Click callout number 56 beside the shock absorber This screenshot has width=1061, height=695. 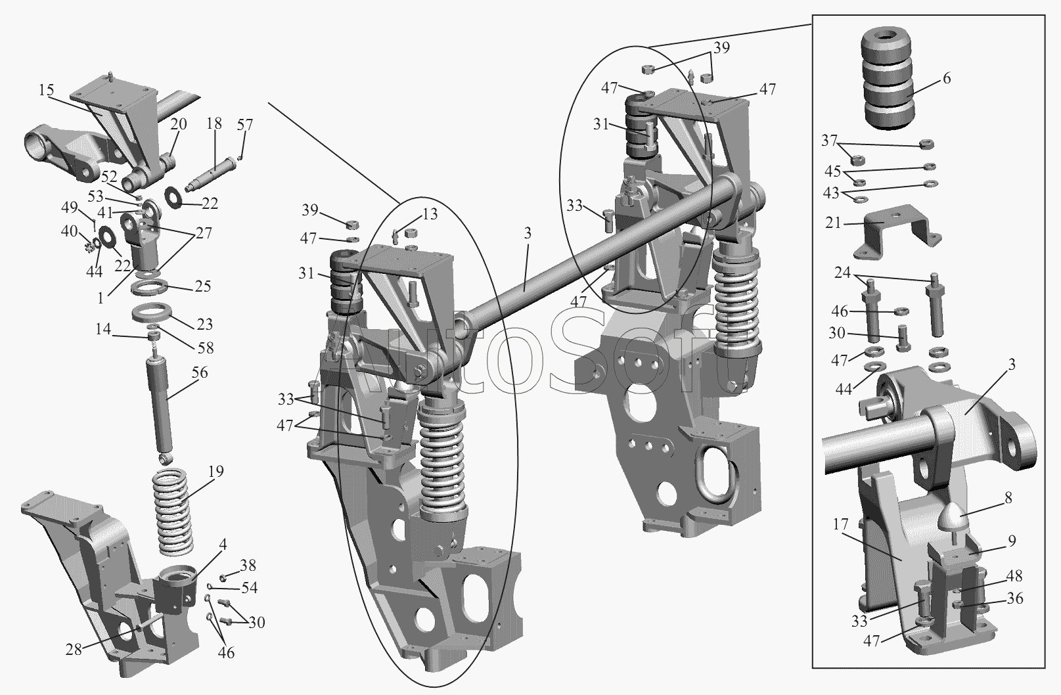tap(200, 373)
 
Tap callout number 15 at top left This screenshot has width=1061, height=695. tap(46, 90)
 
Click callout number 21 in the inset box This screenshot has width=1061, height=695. tap(834, 223)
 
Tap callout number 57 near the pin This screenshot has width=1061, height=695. tap(244, 125)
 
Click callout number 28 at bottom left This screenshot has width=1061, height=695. tap(74, 649)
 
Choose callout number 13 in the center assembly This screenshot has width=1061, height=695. tap(429, 213)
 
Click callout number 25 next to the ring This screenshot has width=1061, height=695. tap(203, 286)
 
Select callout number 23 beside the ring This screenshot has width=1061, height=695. tap(205, 324)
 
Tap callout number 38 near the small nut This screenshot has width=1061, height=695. tap(248, 566)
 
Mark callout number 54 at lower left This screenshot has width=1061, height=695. tap(249, 587)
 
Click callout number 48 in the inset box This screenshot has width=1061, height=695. tap(1014, 576)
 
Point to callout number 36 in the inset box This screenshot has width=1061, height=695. tap(1014, 599)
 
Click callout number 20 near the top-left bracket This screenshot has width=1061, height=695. tap(179, 124)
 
